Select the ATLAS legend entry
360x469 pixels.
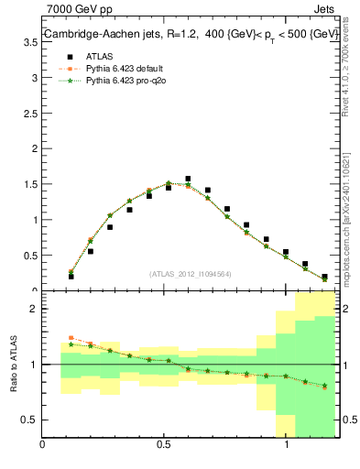click(84, 55)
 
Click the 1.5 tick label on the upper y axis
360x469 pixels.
click(29, 184)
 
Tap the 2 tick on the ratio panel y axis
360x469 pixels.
click(34, 309)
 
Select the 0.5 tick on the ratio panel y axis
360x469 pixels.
click(29, 420)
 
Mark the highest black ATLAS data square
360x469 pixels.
click(188, 180)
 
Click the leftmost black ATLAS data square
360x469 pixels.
click(71, 276)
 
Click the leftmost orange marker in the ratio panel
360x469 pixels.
click(71, 338)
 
